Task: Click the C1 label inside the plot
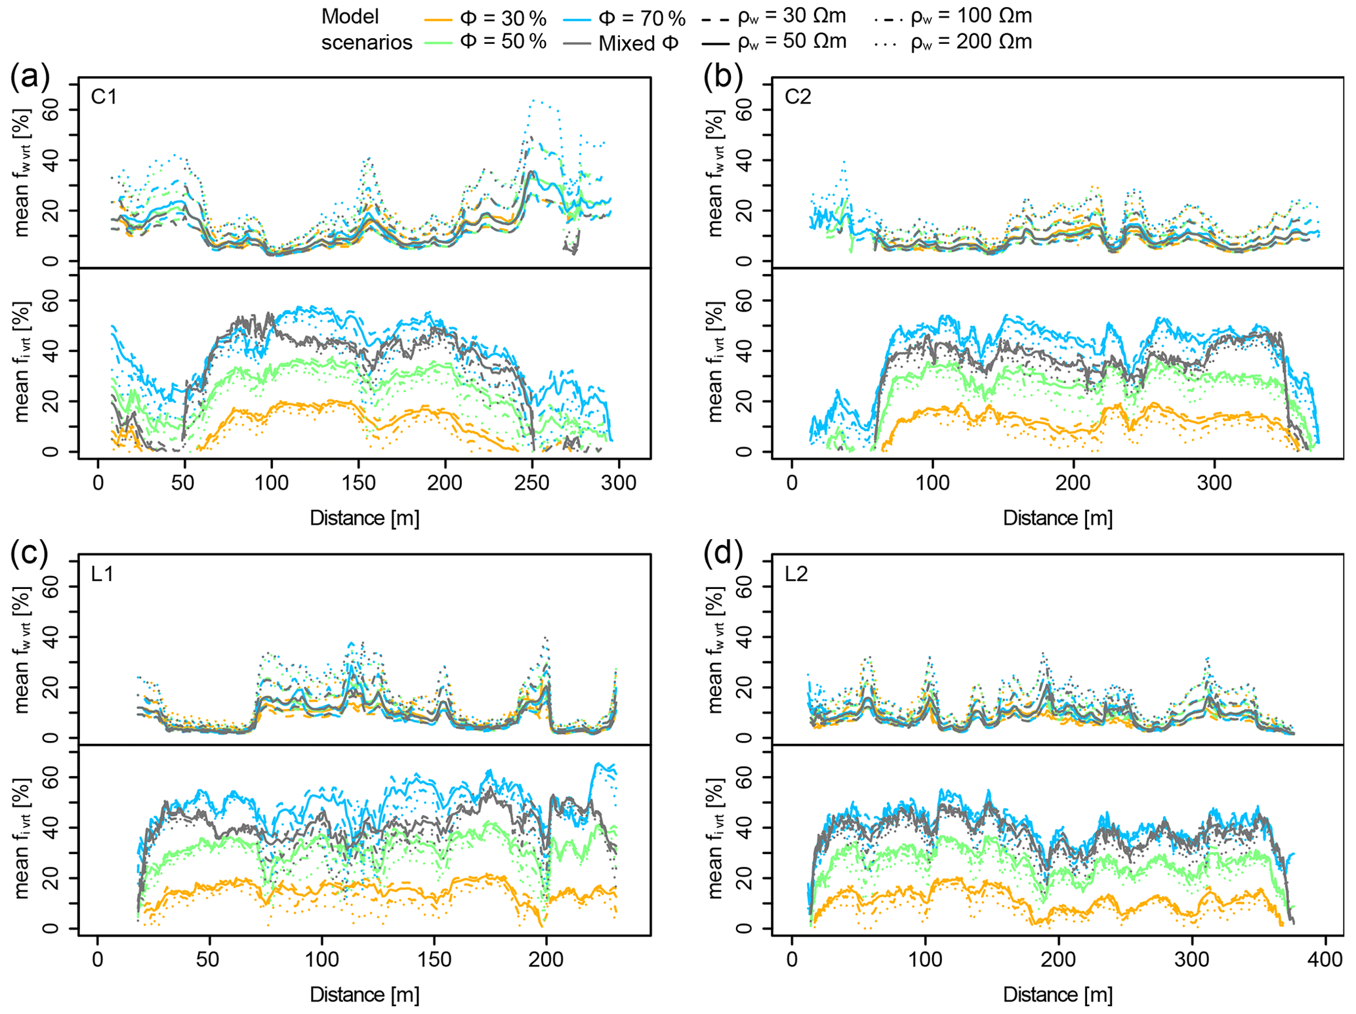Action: pos(104,97)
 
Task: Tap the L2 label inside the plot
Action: pos(797,575)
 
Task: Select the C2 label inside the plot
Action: pos(798,97)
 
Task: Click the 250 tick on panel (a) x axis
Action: pos(531,483)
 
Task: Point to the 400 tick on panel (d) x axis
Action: pos(1325,960)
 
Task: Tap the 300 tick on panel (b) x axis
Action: pos(1214,483)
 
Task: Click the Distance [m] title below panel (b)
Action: pos(1058,518)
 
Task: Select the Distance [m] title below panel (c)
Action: pos(365,995)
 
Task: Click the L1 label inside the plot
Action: pos(102,575)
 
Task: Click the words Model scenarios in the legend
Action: pos(366,30)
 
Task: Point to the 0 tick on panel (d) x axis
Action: pos(792,960)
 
